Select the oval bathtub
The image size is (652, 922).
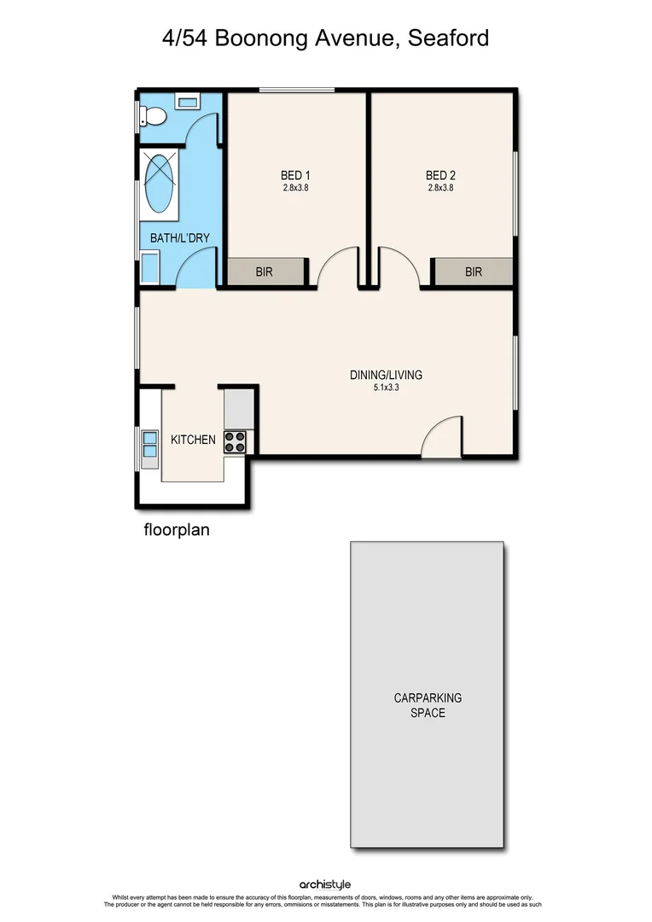coord(160,184)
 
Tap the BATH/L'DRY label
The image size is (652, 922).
coord(180,238)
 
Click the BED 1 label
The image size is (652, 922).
coord(295,176)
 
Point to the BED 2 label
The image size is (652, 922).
coord(440,176)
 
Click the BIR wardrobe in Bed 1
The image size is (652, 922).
coord(265,272)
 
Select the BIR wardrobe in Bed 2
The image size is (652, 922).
coord(474,272)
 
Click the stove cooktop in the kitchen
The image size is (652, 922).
coord(236,441)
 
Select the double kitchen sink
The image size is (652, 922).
coord(149,444)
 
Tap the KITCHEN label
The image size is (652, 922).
coord(193,440)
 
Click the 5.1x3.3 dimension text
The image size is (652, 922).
coord(386,387)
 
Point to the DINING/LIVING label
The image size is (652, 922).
coord(386,375)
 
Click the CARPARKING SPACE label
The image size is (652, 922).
coord(427,705)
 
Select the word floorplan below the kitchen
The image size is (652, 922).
coord(176,529)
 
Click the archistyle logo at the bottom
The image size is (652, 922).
coord(325,884)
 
